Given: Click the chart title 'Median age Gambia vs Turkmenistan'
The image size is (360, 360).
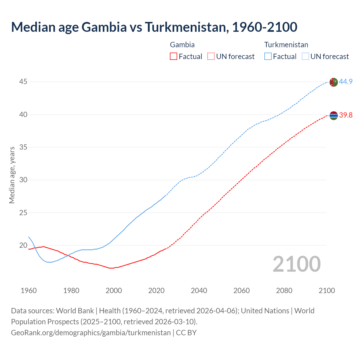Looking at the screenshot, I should (x=154, y=27).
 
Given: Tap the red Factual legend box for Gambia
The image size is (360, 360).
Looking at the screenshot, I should (x=174, y=57).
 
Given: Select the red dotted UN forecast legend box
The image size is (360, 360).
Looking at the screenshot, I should (x=211, y=57).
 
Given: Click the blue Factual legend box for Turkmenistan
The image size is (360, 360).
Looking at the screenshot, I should (x=268, y=57).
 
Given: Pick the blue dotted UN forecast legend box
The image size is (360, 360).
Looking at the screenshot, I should (x=305, y=57).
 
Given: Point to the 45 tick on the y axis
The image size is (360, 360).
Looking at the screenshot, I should (x=23, y=82).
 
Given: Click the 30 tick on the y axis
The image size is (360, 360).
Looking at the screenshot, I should (x=23, y=180).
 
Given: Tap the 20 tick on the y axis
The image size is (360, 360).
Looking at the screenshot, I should (x=23, y=245).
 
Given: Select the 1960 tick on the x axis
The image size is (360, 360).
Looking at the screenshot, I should (x=29, y=291).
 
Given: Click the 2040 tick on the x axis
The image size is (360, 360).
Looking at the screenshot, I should (x=199, y=291).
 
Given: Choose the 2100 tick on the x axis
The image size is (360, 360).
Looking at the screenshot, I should (x=327, y=291).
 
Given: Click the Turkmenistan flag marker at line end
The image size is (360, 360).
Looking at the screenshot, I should (x=334, y=82).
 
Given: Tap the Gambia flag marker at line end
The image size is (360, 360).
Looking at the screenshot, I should (x=334, y=115).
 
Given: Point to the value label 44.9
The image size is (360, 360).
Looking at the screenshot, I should (x=346, y=82).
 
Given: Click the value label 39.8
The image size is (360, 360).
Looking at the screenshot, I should (x=346, y=115).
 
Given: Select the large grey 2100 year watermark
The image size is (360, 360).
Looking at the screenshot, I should (x=296, y=264).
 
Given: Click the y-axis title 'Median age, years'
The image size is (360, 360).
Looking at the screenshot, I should (x=12, y=175).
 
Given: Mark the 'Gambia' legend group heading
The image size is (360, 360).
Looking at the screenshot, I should (x=182, y=45).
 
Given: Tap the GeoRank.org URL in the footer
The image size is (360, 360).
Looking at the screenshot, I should (x=91, y=333).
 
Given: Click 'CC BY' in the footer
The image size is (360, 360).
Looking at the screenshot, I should (x=186, y=333).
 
